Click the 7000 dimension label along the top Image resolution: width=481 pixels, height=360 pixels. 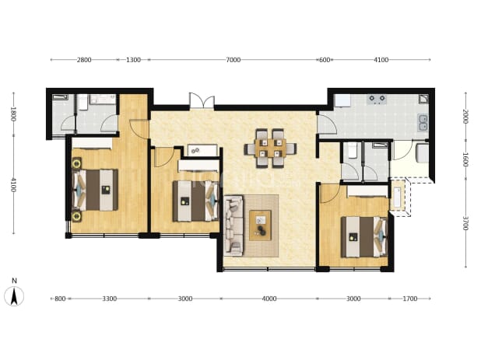233,60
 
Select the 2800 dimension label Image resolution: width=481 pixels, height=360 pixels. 84,60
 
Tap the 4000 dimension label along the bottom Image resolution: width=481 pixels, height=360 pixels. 269,299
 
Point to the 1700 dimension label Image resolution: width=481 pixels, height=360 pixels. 410,299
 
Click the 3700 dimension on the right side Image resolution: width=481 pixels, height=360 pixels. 465,223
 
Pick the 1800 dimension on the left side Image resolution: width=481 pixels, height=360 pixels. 13,114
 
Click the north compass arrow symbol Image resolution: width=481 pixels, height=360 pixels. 14,296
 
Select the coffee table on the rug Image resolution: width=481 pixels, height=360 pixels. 260,225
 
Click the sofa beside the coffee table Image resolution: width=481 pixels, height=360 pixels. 233,226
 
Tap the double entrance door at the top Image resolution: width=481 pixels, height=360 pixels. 202,100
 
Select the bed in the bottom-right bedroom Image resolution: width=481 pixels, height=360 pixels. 364,237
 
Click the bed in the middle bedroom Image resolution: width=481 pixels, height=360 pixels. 195,201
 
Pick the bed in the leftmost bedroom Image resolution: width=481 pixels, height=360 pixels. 95,190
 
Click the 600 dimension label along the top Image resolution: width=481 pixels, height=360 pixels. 325,60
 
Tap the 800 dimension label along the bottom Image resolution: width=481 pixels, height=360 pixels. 60,299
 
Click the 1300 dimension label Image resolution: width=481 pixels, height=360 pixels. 133,60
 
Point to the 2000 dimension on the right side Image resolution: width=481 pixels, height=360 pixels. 465,117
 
